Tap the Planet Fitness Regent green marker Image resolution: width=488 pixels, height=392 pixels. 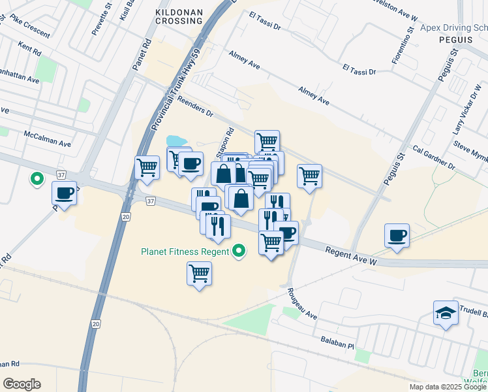(239, 251)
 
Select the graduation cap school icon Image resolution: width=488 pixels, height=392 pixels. (446, 314)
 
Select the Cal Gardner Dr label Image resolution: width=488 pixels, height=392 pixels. (433, 157)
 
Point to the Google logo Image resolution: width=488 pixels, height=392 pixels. (22, 384)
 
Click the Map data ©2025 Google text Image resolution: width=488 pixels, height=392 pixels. (448, 387)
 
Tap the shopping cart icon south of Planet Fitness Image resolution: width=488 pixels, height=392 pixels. (199, 272)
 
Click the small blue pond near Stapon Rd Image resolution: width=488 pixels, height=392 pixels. (174, 141)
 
